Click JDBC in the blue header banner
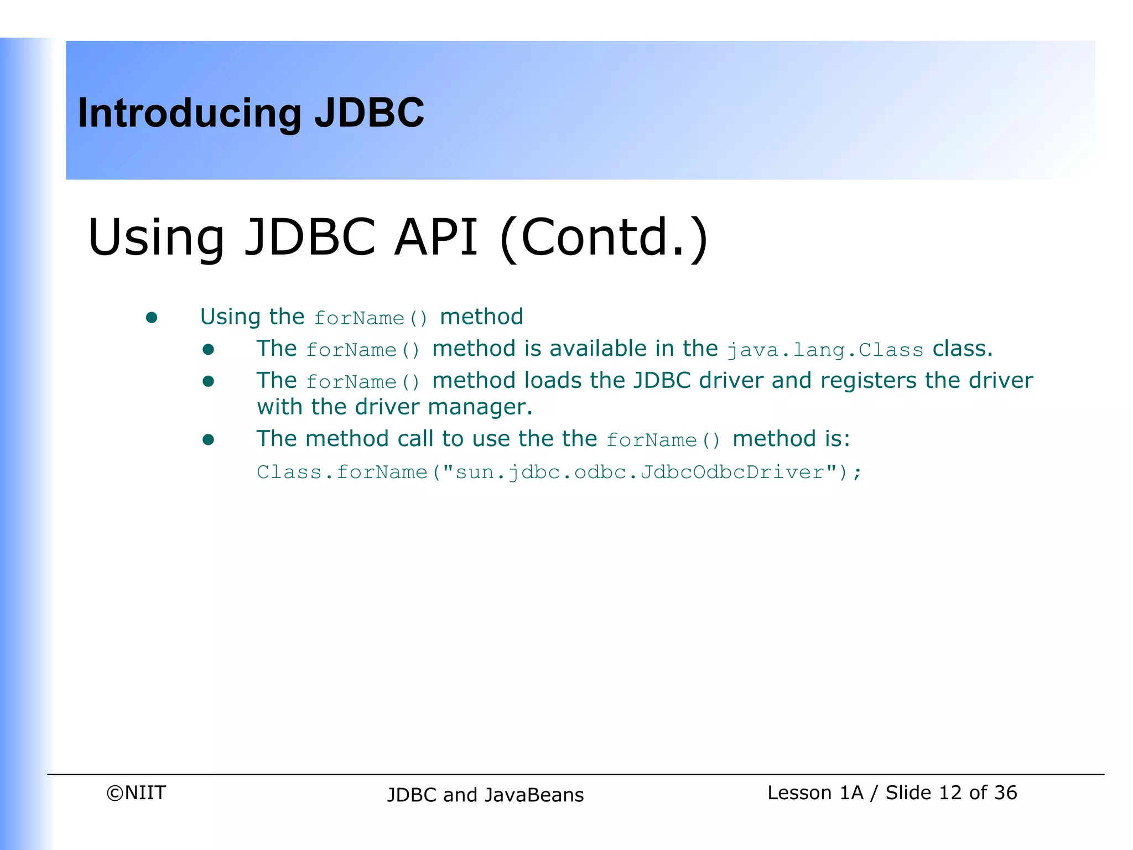pos(369,112)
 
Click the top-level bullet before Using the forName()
pos(152,318)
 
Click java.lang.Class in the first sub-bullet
pos(825,350)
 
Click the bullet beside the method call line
pos(208,440)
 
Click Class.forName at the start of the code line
pos(342,472)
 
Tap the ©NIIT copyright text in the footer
pos(136,793)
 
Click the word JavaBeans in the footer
pos(534,795)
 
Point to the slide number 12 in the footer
pos(950,793)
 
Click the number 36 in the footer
pos(1005,793)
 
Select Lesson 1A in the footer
pos(815,793)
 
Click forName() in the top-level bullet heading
pos(371,318)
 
